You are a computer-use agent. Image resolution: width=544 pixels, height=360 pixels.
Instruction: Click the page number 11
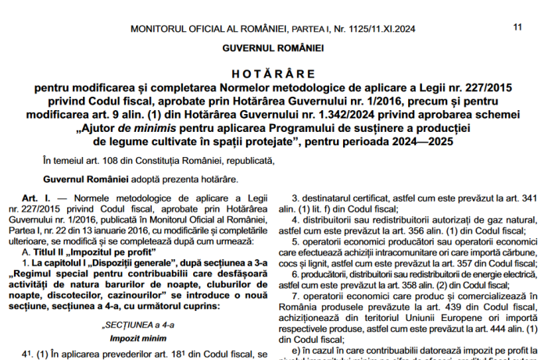(517, 27)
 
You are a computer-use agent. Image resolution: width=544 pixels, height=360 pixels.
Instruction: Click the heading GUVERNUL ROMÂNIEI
(272, 49)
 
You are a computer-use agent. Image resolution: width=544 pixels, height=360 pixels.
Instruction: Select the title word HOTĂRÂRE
(272, 71)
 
